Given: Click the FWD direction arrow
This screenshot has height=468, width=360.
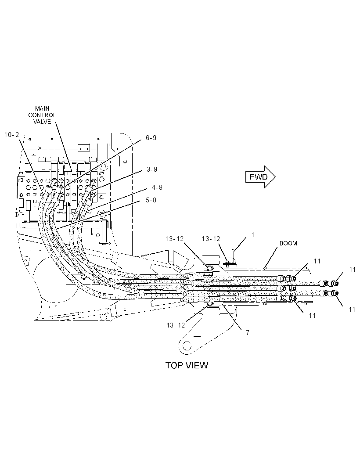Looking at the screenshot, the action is point(260,177).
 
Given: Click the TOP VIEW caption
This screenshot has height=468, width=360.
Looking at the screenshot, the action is point(187,365).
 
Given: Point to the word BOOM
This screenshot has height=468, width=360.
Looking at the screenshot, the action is point(288,243).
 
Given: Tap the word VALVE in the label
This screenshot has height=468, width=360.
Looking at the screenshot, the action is point(42,122).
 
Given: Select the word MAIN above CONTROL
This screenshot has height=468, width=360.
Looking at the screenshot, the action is point(42,108).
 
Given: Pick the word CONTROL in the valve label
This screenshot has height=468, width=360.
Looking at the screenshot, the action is point(42,115).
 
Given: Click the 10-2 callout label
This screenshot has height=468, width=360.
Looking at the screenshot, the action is point(12,135).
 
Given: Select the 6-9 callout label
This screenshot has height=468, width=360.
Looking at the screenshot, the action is point(151,137).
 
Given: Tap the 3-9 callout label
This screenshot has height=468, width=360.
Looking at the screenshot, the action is point(152,169).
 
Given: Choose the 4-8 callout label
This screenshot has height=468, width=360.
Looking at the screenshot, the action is point(157,187).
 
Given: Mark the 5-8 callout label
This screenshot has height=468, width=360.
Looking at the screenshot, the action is point(151,200).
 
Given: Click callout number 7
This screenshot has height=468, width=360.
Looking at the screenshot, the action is point(248,332).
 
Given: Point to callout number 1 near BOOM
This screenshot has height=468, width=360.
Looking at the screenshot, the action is point(253,235).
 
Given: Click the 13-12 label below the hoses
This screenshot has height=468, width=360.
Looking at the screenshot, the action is point(176,325).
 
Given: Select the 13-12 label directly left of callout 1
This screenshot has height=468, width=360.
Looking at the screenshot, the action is point(211,239).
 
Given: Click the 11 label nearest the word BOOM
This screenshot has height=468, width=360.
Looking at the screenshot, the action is point(317,261).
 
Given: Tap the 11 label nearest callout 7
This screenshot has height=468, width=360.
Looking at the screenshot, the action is point(312,316).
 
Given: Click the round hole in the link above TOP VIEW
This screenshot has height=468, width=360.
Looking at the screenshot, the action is point(187,346).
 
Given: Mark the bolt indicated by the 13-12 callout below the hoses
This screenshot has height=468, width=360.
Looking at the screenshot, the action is point(210,303).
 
